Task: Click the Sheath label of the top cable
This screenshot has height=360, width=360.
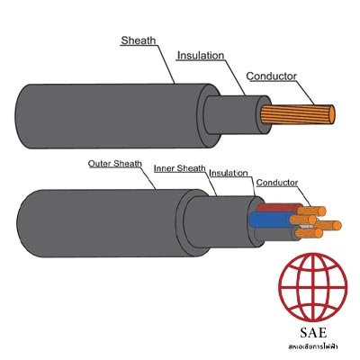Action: coord(139,40)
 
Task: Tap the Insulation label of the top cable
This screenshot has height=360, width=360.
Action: coord(201,56)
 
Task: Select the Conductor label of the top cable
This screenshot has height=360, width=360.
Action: coord(271,76)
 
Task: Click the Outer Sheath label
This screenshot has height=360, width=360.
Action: coord(115,164)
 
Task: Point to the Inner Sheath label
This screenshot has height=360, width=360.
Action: coord(180,168)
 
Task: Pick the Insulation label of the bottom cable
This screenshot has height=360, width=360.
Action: coord(229,173)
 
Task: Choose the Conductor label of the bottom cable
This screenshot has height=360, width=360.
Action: coord(277,183)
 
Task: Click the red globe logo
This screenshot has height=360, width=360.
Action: coord(313,287)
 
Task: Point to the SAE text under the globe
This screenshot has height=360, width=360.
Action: coord(313,332)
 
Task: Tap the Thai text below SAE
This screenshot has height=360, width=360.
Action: coord(313,346)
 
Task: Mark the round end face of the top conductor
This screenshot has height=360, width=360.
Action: coord(332,114)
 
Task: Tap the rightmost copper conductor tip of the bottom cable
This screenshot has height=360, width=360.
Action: coord(337,225)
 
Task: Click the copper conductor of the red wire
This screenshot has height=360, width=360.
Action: coord(313,211)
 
